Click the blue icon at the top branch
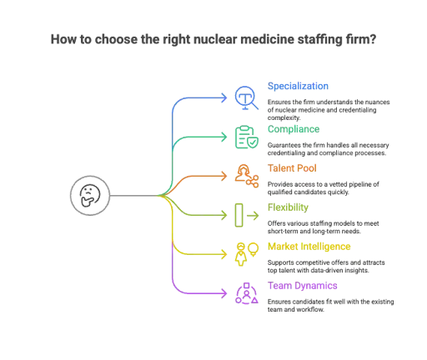244,97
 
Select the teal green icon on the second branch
244,137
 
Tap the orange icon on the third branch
244,176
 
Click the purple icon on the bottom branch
244,293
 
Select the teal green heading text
293,129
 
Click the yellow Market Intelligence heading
309,247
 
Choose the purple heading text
303,286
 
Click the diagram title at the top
213,39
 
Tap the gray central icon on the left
88,197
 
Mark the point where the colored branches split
162,197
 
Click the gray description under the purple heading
332,303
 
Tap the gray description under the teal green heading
329,148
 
